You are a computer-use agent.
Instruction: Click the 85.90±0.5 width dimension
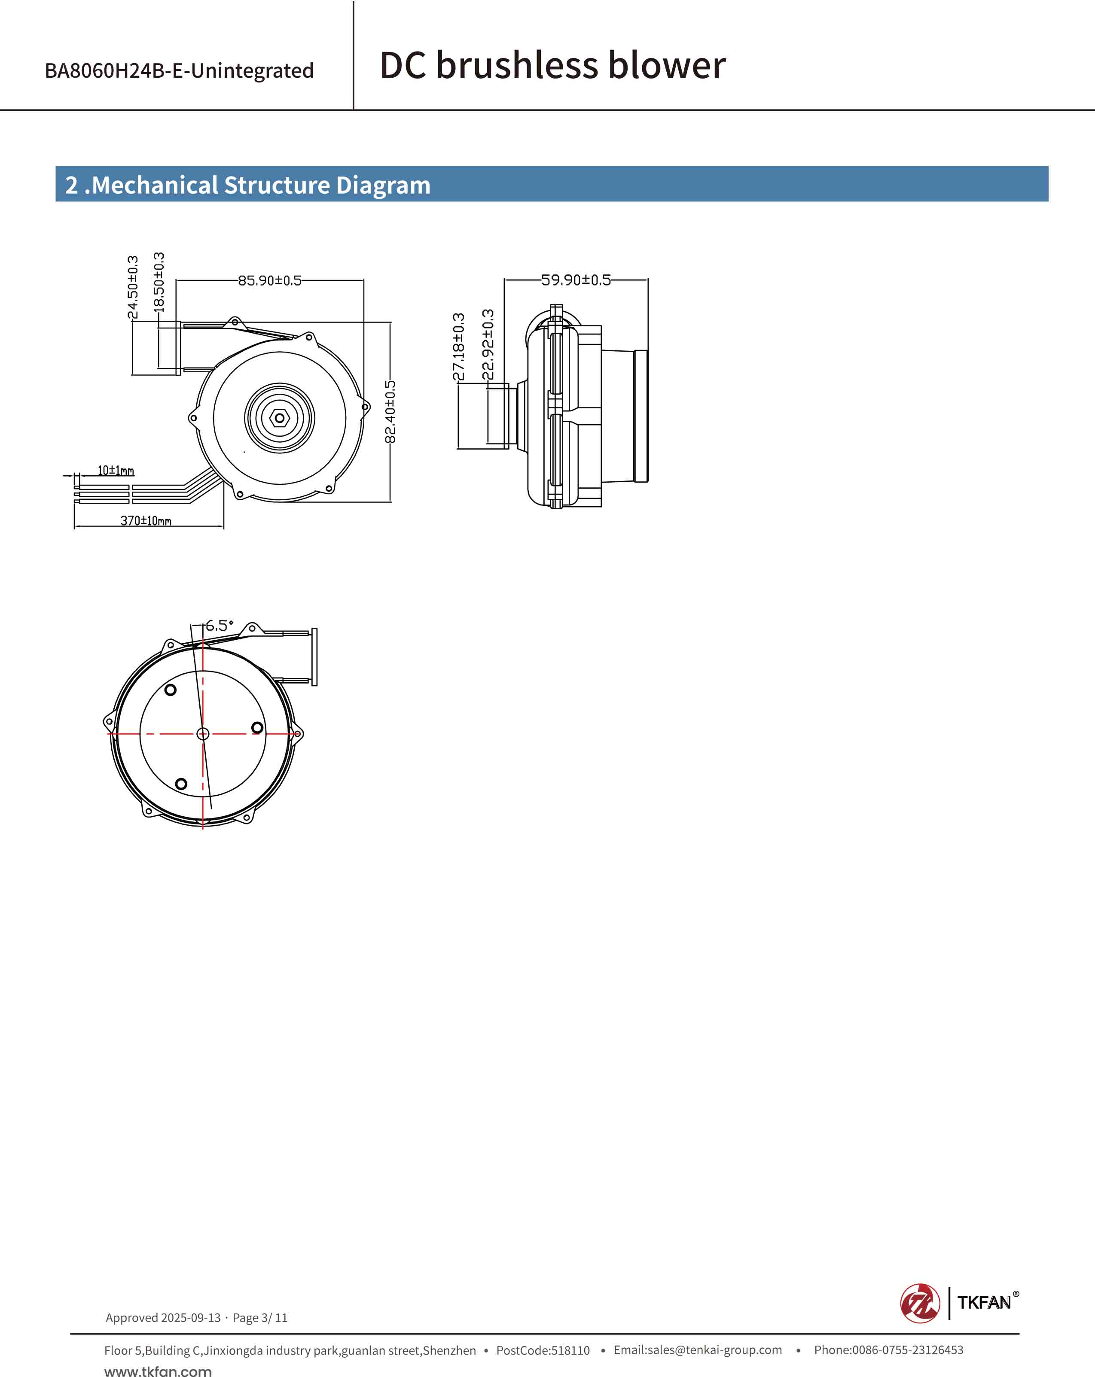[270, 280]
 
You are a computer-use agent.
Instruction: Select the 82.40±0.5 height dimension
[390, 412]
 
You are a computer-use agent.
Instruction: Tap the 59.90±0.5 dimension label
[576, 280]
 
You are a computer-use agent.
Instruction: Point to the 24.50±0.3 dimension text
[133, 287]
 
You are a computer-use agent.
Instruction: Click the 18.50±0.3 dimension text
[159, 282]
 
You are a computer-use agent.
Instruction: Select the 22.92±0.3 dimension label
[488, 344]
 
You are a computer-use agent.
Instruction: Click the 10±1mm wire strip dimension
[116, 471]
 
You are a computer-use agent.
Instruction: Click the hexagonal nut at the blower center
[279, 418]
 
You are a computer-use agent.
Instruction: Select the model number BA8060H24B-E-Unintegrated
[179, 70]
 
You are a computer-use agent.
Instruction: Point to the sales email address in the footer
[698, 1350]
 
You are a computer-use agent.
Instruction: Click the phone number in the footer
[888, 1350]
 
